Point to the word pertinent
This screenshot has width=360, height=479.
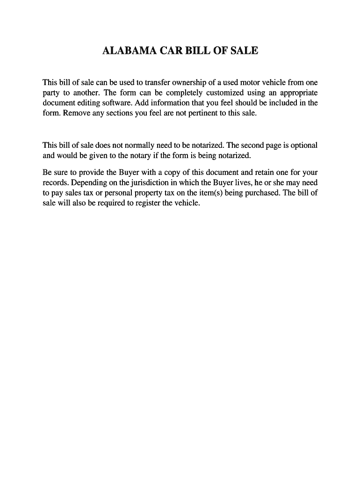click(x=203, y=113)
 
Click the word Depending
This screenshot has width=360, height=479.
click(x=86, y=182)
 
